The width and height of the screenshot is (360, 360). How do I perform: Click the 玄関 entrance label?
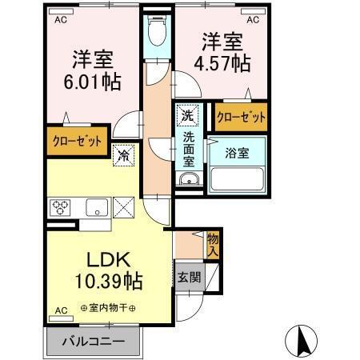[x=190, y=277]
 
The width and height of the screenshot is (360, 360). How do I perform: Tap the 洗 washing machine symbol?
[x=186, y=114]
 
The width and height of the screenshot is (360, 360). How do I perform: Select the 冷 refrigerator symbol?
[x=125, y=155]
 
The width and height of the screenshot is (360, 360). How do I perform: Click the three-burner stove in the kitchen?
[x=62, y=206]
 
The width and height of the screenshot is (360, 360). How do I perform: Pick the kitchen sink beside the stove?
[x=96, y=206]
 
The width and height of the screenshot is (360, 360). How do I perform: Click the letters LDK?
[x=109, y=260]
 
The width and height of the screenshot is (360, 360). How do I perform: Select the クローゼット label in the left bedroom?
[x=78, y=142]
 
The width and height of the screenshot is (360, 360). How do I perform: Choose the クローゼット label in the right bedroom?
[x=241, y=117]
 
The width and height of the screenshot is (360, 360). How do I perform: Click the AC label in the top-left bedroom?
[x=60, y=21]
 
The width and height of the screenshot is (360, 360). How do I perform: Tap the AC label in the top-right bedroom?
[x=253, y=21]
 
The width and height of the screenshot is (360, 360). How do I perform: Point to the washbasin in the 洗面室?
[x=189, y=179]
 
